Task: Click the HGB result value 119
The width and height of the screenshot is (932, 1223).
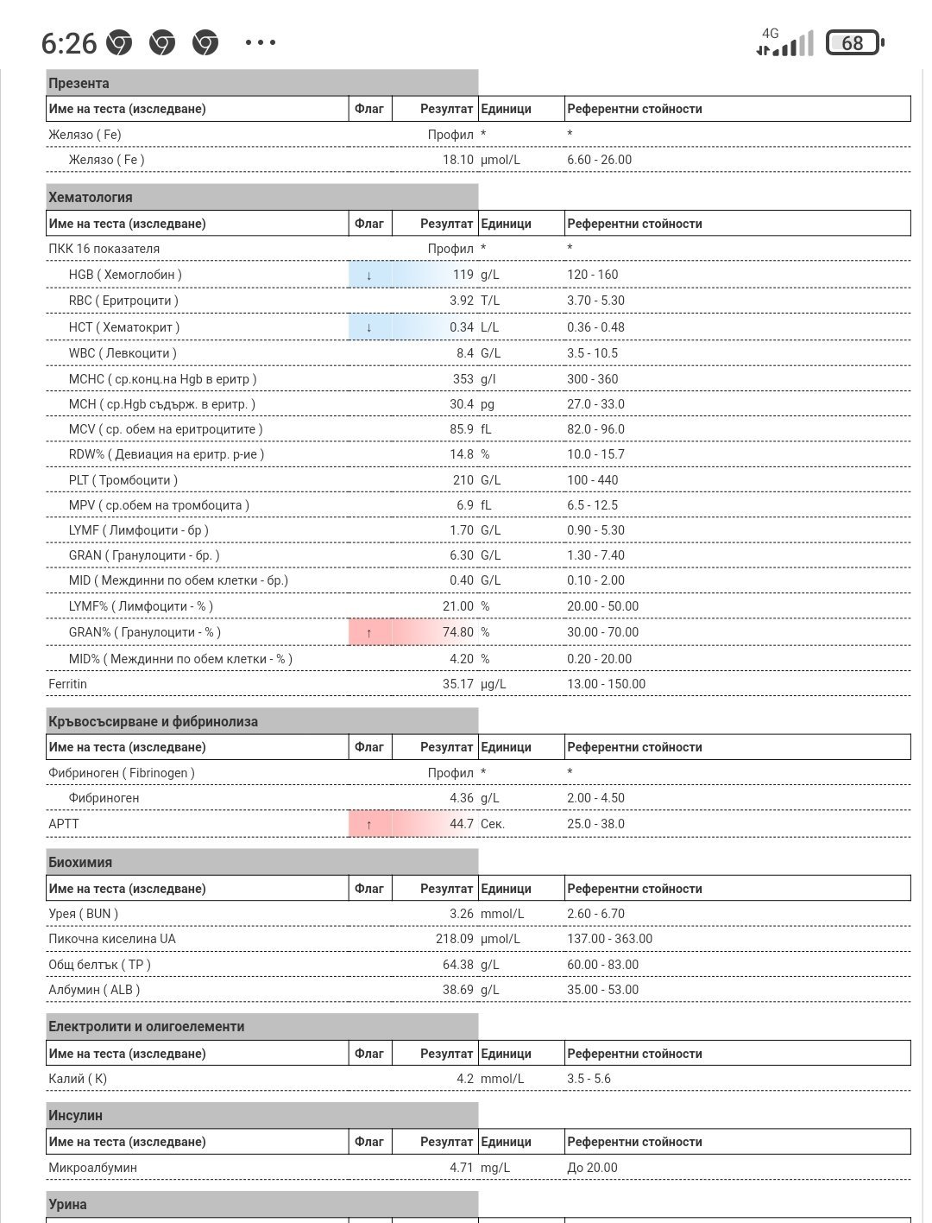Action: (463, 275)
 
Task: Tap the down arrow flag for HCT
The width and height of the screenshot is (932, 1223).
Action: (369, 327)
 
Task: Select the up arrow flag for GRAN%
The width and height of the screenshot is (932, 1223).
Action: (369, 632)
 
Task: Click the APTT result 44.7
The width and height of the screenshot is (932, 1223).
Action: (462, 824)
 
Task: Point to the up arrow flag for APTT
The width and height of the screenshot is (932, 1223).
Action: (369, 824)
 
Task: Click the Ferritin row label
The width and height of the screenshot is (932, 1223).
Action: (68, 684)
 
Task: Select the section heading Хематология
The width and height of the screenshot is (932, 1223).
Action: (91, 197)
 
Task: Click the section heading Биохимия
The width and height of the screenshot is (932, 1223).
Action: (80, 862)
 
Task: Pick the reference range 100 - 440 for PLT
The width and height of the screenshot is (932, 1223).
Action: (593, 480)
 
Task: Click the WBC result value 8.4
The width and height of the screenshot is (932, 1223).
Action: (465, 353)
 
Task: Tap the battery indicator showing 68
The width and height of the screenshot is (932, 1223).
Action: (853, 42)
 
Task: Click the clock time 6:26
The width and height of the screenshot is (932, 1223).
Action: (69, 42)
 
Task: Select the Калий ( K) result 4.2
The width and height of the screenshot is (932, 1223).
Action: (465, 1079)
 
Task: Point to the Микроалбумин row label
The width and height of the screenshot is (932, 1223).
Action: (93, 1168)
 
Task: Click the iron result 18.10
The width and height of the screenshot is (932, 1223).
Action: (458, 160)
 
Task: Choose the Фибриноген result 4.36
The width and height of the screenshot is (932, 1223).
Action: (462, 798)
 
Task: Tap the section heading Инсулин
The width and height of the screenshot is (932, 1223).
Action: (76, 1115)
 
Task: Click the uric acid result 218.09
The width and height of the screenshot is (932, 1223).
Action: (455, 939)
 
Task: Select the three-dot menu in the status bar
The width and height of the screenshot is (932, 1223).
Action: (261, 42)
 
